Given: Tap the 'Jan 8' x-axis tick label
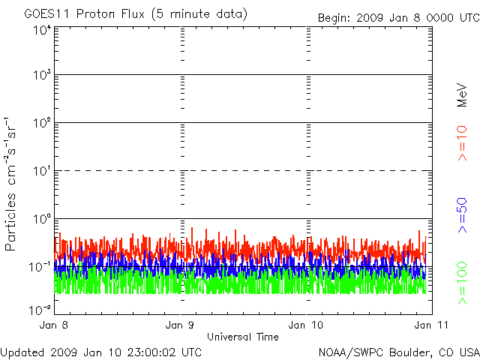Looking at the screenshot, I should click(x=55, y=325).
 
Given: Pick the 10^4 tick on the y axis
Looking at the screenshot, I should click(x=41, y=29).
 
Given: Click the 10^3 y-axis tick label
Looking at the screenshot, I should click(x=41, y=76).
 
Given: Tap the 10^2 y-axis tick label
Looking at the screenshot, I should click(x=41, y=124).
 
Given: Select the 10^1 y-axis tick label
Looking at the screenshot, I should click(x=41, y=172).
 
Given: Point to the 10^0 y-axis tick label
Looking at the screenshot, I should click(x=41, y=219).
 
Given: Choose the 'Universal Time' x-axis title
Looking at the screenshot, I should click(x=242, y=337).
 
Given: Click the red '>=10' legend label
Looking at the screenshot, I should click(x=463, y=142).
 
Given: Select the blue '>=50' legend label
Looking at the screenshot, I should click(x=463, y=216).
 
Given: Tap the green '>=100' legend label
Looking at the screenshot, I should click(x=463, y=283).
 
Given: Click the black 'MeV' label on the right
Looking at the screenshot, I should click(x=463, y=96).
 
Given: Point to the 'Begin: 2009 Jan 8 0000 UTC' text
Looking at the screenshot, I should click(x=397, y=17).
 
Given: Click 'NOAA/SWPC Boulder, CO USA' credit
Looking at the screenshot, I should click(x=398, y=352).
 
